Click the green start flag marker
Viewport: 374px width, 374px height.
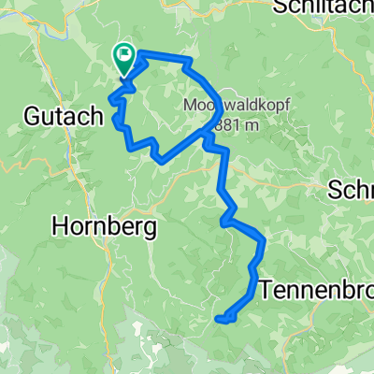point(124,59)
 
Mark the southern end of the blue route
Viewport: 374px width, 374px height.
point(219,320)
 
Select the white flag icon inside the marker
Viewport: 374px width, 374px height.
point(124,54)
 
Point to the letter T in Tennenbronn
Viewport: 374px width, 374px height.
point(274,287)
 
